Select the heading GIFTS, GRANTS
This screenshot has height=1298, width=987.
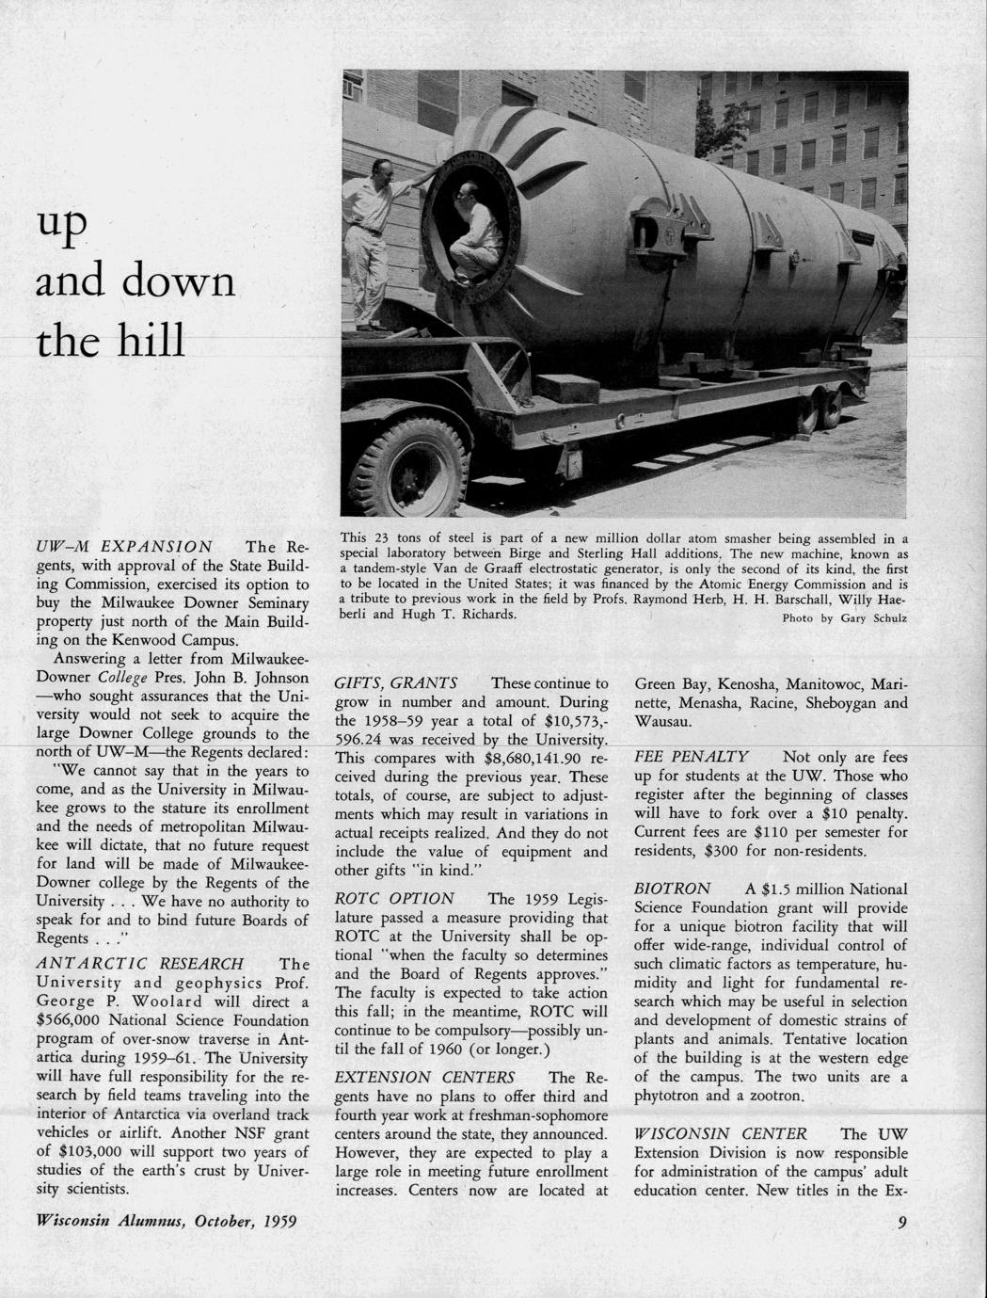396,683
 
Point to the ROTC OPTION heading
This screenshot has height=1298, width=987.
394,898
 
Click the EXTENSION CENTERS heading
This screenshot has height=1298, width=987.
424,1077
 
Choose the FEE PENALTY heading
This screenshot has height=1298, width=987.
692,757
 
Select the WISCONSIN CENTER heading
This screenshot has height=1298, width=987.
721,1133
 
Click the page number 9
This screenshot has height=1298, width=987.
901,1223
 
